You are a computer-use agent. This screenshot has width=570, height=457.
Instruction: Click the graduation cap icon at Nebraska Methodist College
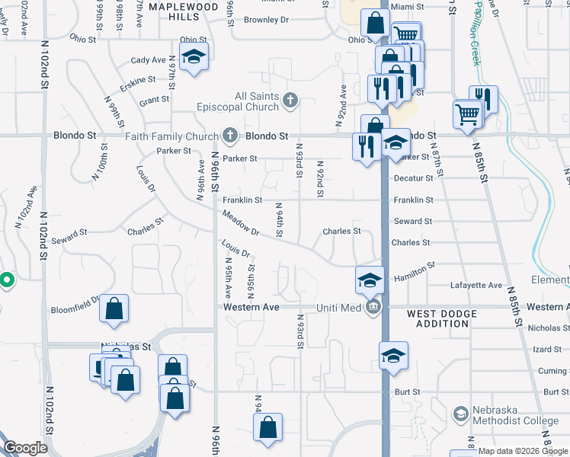(x=460, y=414)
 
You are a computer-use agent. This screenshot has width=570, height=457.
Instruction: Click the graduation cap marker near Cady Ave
(x=194, y=57)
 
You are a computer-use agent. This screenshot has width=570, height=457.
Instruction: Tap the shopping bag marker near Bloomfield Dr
(x=114, y=308)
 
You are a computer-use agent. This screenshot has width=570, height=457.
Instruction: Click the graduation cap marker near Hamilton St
(x=370, y=280)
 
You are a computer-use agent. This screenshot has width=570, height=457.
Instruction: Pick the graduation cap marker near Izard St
(x=393, y=356)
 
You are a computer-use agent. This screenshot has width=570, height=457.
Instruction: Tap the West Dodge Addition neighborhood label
(x=442, y=318)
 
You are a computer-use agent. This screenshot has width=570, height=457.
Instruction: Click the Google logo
(x=24, y=449)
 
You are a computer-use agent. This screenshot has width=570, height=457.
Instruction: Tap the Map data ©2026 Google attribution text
(x=523, y=451)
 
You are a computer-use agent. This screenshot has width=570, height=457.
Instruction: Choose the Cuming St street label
(x=552, y=371)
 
